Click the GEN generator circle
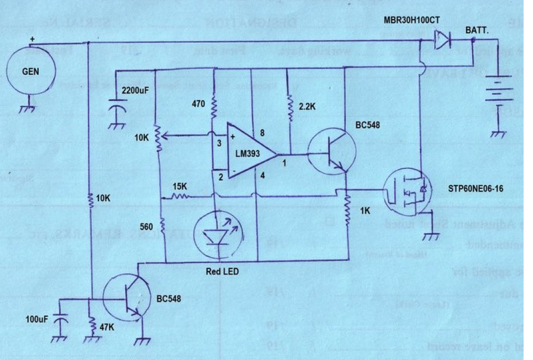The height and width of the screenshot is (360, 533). pyautogui.click(x=31, y=71)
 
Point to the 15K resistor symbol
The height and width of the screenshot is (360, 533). pyautogui.click(x=179, y=196)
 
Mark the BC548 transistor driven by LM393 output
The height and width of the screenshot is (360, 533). pyautogui.click(x=331, y=152)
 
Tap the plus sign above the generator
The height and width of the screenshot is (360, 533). pyautogui.click(x=32, y=39)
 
